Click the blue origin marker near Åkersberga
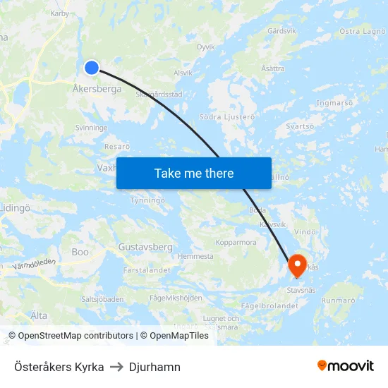point(92,68)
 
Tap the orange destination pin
point(297,265)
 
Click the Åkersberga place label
point(97,90)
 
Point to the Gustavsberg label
point(145,248)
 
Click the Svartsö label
point(300,126)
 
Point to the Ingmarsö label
point(335,103)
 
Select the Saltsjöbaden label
point(102,299)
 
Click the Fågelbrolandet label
point(269,306)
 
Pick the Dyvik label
point(205,47)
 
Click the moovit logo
point(346,366)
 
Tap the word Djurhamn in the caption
point(154,367)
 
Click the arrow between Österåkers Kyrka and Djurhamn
point(116,367)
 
